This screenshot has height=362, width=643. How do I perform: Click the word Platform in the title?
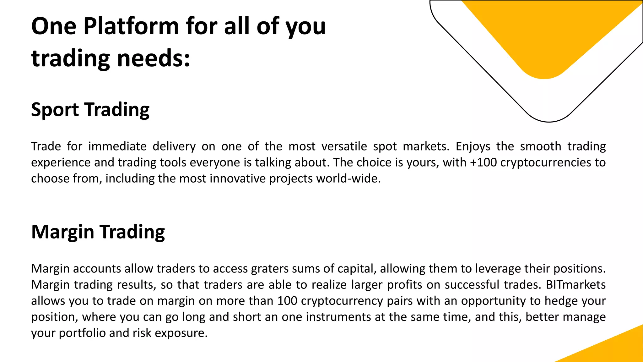131,26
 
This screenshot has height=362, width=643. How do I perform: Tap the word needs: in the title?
154,58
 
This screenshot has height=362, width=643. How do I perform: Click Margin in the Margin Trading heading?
63,232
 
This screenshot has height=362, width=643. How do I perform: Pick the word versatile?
344,146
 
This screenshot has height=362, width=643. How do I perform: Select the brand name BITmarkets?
576,285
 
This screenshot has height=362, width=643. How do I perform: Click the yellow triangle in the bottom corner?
615,349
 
